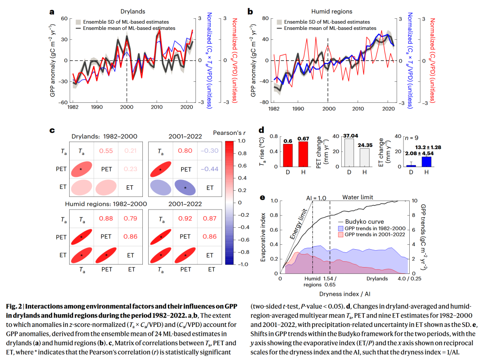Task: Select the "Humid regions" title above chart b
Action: [332, 11]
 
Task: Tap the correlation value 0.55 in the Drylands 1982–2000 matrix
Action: [106, 151]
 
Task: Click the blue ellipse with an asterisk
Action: [185, 188]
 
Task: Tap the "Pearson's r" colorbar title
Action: [230, 133]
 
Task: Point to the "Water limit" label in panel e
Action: [357, 197]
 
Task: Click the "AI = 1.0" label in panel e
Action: [316, 197]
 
